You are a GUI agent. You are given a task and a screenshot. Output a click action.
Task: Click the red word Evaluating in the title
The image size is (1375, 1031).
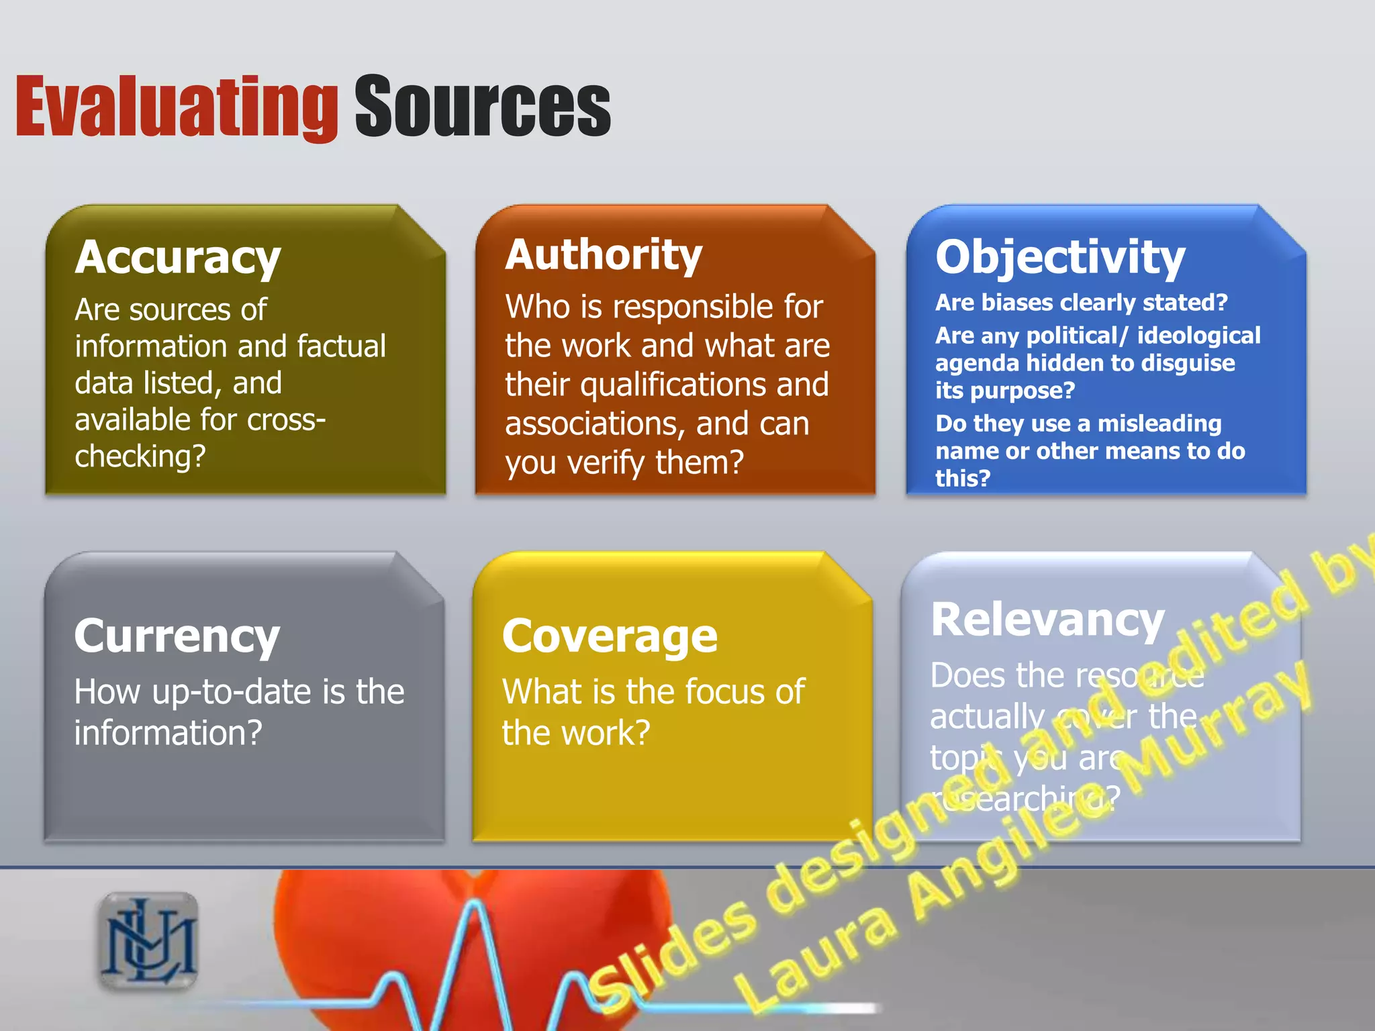click(x=176, y=107)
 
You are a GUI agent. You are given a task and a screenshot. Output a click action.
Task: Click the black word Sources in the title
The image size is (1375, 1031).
click(x=482, y=107)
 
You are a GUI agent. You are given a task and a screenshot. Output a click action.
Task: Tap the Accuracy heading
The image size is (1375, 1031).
click(x=178, y=258)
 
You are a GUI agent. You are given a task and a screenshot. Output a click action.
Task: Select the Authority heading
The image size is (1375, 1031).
click(x=604, y=255)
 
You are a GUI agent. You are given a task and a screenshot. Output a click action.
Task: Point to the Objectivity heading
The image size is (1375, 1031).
click(x=1060, y=258)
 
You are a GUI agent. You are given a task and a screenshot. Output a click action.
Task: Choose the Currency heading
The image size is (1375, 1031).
click(x=177, y=636)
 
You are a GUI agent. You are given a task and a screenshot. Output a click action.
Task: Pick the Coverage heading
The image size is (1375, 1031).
click(x=610, y=636)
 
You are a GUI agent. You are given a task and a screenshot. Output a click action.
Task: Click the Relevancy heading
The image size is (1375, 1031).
click(x=1047, y=620)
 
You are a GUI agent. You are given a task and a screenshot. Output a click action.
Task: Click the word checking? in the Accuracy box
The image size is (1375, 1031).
click(x=140, y=457)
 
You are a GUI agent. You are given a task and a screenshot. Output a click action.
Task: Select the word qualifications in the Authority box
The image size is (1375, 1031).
click(x=674, y=385)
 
